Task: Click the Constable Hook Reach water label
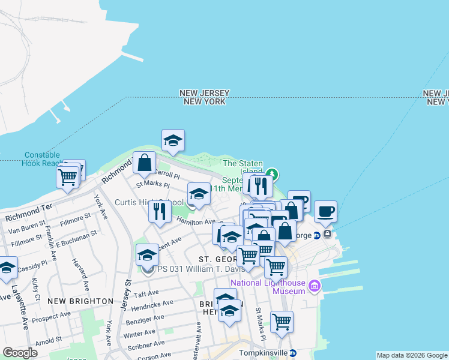[42, 158]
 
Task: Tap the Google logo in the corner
[20, 353]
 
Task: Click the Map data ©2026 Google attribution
[411, 355]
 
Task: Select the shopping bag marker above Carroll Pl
[145, 163]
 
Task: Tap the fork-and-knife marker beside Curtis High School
[159, 211]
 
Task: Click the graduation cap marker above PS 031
[147, 255]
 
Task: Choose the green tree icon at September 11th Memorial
[273, 175]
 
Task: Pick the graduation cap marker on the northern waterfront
[173, 141]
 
